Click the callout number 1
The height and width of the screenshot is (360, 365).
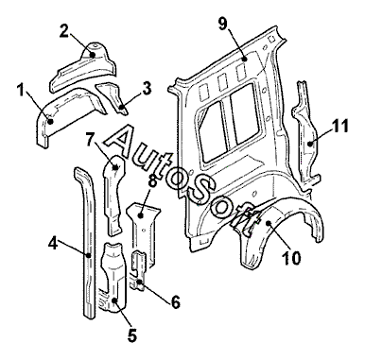pyautogui.click(x=21, y=92)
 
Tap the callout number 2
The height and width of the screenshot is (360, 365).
pyautogui.click(x=64, y=31)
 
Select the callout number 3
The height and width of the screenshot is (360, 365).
pyautogui.click(x=147, y=89)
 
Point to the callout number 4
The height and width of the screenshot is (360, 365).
pyautogui.click(x=53, y=243)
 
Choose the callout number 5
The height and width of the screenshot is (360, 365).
pyautogui.click(x=132, y=334)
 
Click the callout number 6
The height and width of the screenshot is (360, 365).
pyautogui.click(x=175, y=302)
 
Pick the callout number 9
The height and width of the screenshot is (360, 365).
pyautogui.click(x=223, y=24)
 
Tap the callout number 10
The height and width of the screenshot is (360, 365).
pyautogui.click(x=292, y=258)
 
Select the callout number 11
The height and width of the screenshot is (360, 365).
pyautogui.click(x=339, y=126)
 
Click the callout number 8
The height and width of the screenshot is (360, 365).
pyautogui.click(x=152, y=182)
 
